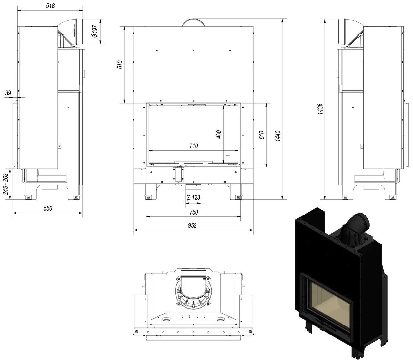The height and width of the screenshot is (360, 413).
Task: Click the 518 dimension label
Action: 50,5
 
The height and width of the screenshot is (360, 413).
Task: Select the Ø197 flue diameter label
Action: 95,32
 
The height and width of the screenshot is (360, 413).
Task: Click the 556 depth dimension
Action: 48,208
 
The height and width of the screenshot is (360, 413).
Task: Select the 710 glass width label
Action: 194,146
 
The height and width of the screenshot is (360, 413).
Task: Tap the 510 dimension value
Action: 262,135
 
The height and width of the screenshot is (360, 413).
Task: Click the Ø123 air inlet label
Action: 193,198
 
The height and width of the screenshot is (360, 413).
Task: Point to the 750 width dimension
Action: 193,212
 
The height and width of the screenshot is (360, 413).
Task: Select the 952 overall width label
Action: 192,225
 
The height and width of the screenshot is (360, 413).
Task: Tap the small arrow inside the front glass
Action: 228,155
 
